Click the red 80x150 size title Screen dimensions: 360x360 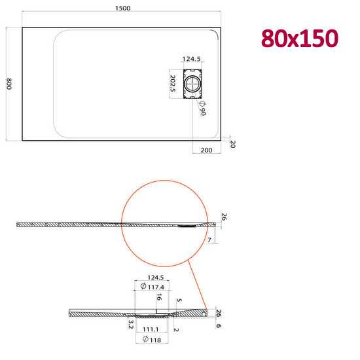300,39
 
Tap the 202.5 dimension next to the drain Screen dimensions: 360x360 173,84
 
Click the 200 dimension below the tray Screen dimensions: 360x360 206,150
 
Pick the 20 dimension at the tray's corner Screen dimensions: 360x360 232,144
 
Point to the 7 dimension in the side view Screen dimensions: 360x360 209,242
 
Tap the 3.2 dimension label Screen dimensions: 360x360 131,324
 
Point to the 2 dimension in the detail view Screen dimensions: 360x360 177,329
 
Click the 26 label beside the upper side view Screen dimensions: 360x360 223,217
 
